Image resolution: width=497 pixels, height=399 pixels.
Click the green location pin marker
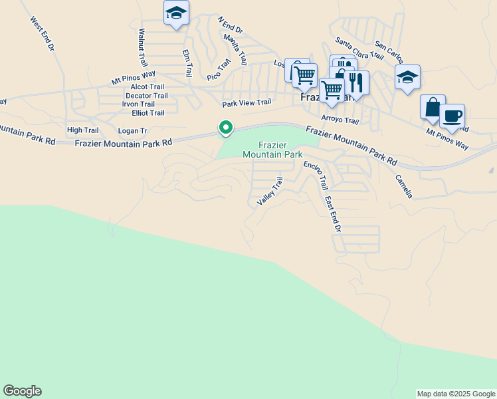[226, 127]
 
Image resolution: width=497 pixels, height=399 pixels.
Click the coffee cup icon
[452, 116]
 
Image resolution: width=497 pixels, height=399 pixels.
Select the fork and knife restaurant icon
[356, 82]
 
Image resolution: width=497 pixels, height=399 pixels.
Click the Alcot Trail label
[148, 86]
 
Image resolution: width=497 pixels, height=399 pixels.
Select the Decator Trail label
[147, 96]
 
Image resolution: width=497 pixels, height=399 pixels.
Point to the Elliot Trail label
[148, 113]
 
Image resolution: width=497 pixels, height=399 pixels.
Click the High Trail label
[82, 130]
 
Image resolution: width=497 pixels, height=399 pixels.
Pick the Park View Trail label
[247, 103]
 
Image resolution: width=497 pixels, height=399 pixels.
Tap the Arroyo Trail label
[340, 120]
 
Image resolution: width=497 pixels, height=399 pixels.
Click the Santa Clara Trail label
[359, 47]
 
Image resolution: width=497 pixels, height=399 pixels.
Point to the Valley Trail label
[270, 191]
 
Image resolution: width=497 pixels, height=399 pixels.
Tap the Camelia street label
[404, 186]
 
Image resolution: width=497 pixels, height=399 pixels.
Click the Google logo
[22, 391]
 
